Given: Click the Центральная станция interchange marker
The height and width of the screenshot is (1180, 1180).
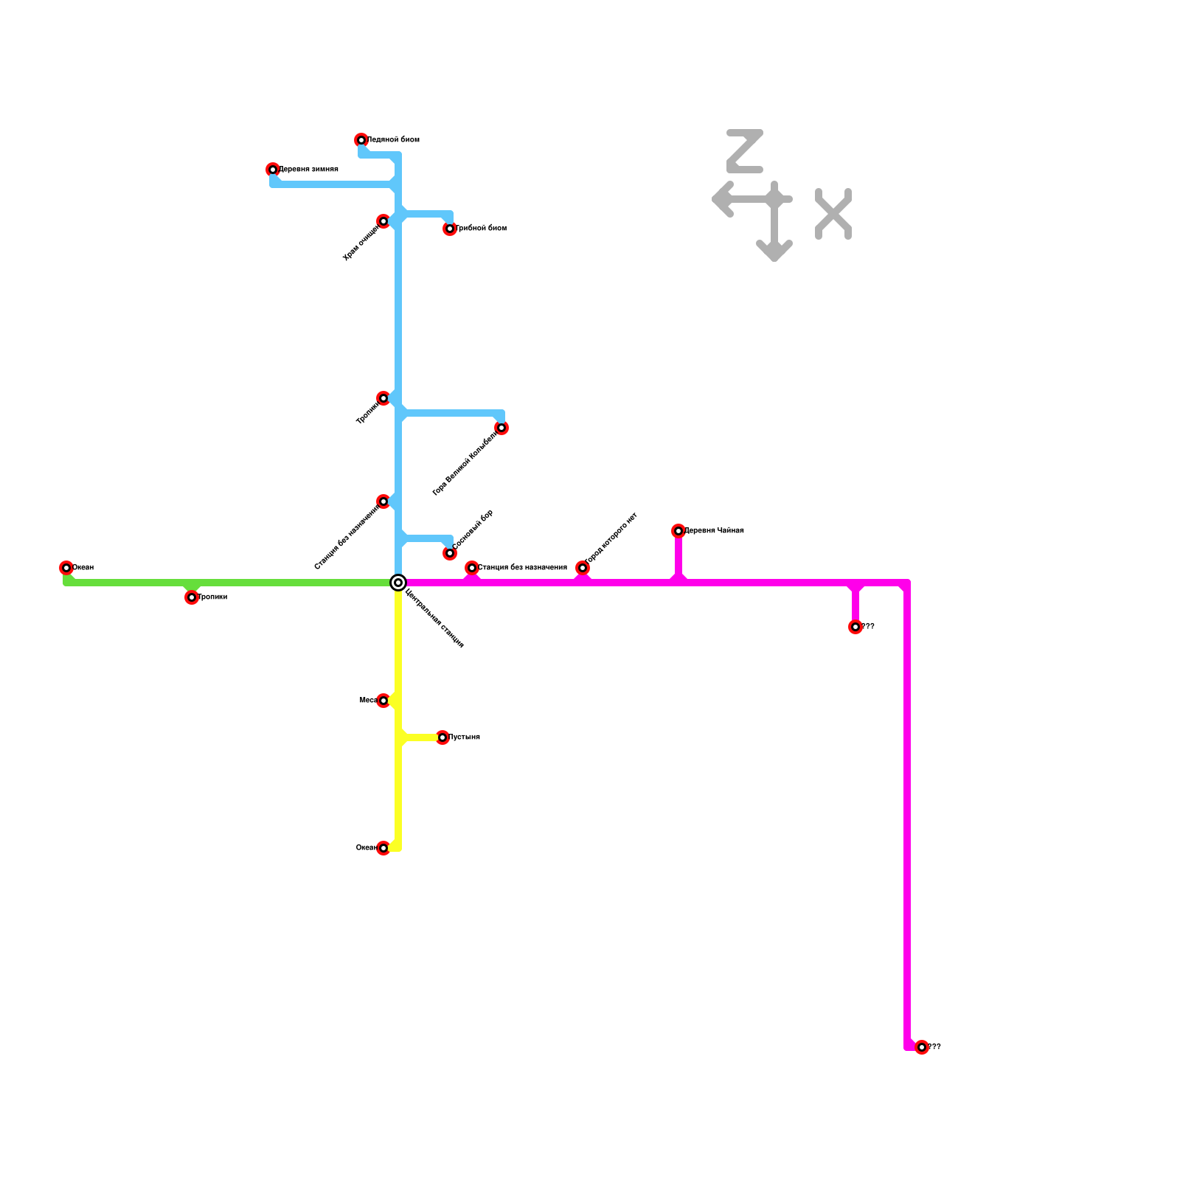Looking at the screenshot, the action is (x=398, y=583).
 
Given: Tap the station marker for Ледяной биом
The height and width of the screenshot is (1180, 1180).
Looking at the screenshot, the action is (x=361, y=140).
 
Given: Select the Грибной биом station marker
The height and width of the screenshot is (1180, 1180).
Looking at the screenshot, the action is (x=450, y=229).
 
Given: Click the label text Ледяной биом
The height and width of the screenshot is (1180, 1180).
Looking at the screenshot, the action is (x=394, y=140).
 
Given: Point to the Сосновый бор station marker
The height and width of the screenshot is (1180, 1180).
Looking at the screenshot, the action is (x=450, y=553).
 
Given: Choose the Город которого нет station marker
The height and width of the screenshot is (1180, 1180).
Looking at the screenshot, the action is (x=583, y=568).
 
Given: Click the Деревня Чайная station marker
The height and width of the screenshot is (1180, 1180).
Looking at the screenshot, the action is (x=678, y=531).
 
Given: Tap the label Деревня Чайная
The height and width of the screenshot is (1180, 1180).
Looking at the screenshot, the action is (x=715, y=531).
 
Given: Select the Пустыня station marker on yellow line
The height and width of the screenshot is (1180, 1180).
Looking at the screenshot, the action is (x=442, y=737).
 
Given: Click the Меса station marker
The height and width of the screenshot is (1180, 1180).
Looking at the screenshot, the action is (x=383, y=701).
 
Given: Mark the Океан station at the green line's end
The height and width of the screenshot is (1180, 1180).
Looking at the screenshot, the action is (x=66, y=568).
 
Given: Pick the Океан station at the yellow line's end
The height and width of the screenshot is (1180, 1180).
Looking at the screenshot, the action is (x=383, y=848).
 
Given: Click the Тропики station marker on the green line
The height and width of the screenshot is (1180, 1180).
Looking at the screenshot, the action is (x=192, y=597).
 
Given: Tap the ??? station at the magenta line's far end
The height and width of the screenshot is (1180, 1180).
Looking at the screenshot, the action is (x=922, y=1047).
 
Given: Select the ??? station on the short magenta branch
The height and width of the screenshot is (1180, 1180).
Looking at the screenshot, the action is (x=855, y=627).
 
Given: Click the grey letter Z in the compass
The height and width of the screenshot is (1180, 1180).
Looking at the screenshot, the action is (x=745, y=151).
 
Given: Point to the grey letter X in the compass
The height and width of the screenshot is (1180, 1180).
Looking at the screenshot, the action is (x=833, y=214).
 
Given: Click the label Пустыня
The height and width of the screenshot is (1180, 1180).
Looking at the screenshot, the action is (x=465, y=737).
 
